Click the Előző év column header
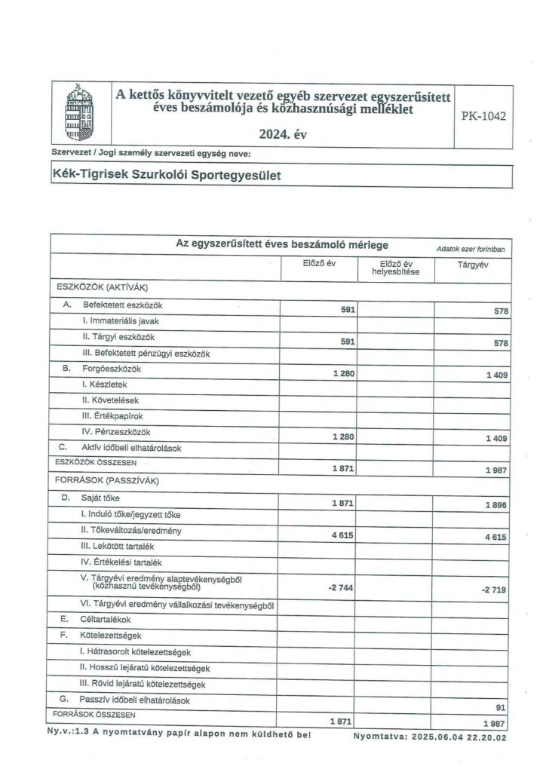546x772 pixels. [x=318, y=264]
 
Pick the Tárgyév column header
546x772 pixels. [x=472, y=264]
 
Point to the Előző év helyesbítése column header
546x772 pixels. [x=394, y=268]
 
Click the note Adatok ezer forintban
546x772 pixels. [x=470, y=248]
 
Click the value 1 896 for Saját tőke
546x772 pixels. [x=495, y=505]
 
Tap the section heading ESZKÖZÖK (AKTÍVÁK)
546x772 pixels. [x=101, y=287]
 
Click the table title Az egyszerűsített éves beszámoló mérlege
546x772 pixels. [x=282, y=244]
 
